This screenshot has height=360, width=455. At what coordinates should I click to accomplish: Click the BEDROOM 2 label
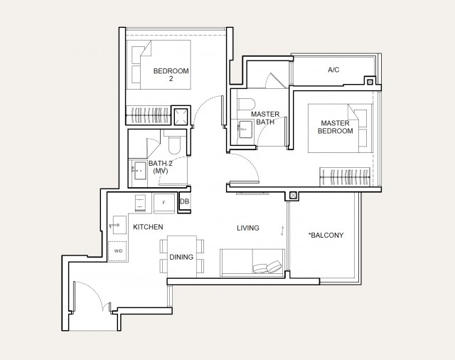[x=171, y=75]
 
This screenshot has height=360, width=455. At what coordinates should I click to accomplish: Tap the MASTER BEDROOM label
[x=335, y=127]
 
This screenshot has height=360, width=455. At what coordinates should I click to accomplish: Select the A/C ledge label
[x=333, y=70]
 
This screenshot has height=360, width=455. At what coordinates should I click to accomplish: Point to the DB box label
[x=185, y=201]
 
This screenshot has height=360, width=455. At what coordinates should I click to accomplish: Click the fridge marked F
[x=164, y=203]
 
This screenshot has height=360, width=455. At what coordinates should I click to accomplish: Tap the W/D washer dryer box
[x=117, y=251]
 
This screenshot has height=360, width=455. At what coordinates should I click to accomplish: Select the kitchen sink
[x=119, y=225]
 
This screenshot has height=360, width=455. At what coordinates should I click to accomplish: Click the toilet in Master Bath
[x=246, y=104]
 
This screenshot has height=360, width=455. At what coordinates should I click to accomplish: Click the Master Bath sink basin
[x=245, y=129]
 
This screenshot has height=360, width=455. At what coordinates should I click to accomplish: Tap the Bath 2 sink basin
[x=139, y=171]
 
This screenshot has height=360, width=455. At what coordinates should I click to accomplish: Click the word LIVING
[x=248, y=228]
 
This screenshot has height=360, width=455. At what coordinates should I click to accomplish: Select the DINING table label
[x=181, y=257]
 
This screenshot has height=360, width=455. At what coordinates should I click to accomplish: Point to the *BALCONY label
[x=326, y=235]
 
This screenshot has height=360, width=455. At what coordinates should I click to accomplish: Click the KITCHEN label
[x=148, y=227]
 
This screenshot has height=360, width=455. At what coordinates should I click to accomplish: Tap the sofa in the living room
[x=252, y=262]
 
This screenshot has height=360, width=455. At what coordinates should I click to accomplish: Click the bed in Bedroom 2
[x=159, y=65]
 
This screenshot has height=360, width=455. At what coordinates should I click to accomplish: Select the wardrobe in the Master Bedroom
[x=345, y=176]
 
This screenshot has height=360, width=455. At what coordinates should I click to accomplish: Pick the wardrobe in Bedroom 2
[x=148, y=115]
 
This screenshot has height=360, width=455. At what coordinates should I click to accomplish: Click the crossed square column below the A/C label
[x=370, y=82]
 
